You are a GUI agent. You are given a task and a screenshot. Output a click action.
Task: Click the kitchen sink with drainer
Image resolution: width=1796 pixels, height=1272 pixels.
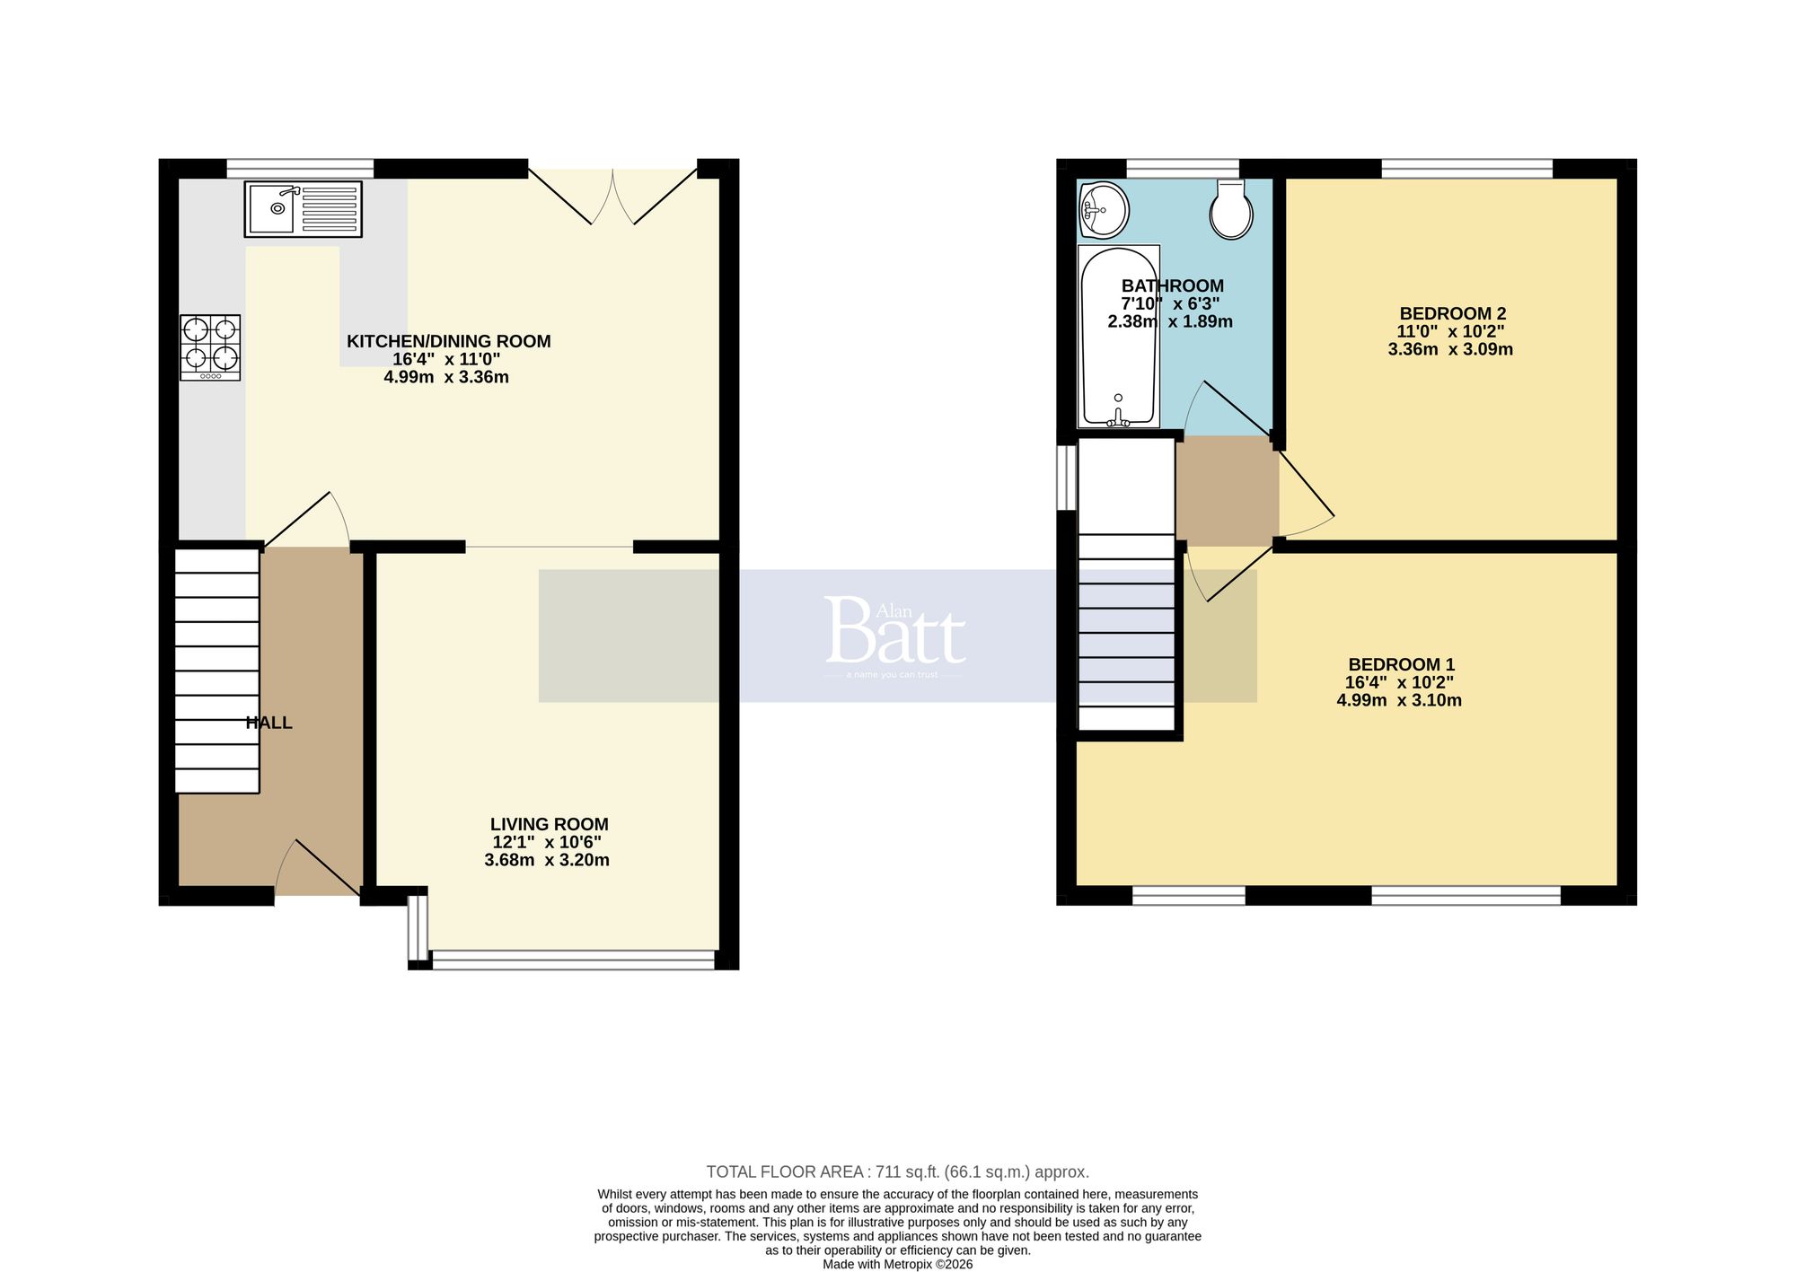point(303,209)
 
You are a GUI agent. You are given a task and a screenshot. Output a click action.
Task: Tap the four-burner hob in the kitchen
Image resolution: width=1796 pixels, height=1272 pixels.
point(210,347)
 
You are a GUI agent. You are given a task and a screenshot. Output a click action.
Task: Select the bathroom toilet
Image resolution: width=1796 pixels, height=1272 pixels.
point(1231,209)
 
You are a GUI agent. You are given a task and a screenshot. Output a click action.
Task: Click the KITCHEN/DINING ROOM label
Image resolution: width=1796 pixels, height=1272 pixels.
point(448,341)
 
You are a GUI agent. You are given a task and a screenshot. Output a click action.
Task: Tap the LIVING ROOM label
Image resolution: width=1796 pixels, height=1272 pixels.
point(549,824)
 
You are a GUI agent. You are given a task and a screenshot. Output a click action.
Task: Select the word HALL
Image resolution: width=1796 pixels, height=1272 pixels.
point(269,723)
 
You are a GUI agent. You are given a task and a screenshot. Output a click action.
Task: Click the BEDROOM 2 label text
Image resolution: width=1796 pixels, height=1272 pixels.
point(1452,313)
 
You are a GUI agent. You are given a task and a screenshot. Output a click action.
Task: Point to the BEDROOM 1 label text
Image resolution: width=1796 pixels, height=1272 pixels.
point(1401,664)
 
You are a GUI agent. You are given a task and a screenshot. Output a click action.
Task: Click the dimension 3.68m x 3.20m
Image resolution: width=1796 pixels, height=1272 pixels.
point(546,860)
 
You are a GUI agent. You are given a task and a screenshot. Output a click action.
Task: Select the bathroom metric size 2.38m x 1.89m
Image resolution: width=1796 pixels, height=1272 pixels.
point(1169,321)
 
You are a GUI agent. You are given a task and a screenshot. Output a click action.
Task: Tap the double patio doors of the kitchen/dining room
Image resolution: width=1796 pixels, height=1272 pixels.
point(612,196)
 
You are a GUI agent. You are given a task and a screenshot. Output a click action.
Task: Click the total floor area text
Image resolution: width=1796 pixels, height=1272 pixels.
point(897,1171)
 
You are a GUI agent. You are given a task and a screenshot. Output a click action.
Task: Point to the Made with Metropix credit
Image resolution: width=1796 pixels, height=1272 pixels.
point(897,1264)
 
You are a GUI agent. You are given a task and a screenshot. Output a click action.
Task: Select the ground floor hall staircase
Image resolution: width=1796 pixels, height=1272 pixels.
point(216,671)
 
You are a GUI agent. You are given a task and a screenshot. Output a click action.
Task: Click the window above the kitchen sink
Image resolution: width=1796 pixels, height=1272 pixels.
point(300,168)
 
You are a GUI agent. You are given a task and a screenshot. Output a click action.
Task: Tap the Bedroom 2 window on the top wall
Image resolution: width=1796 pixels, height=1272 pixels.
point(1466,168)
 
